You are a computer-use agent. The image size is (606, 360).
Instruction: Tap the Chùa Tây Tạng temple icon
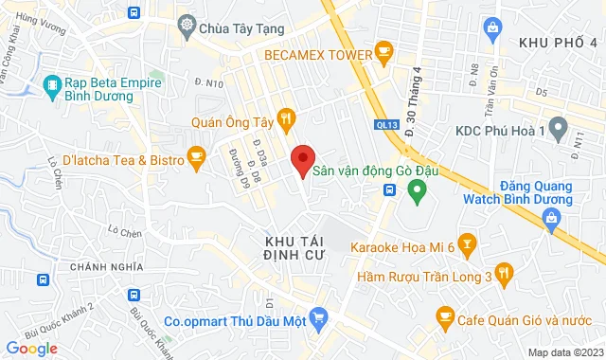(x=187, y=27)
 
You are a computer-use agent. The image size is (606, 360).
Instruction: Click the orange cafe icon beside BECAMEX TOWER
(x=383, y=49)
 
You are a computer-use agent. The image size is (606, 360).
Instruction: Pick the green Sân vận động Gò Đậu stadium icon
(x=415, y=190)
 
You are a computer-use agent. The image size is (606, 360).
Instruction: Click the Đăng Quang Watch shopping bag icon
(x=550, y=219)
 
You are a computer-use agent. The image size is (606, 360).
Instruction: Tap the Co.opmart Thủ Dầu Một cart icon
(x=318, y=320)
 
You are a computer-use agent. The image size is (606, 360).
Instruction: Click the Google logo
(x=31, y=348)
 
